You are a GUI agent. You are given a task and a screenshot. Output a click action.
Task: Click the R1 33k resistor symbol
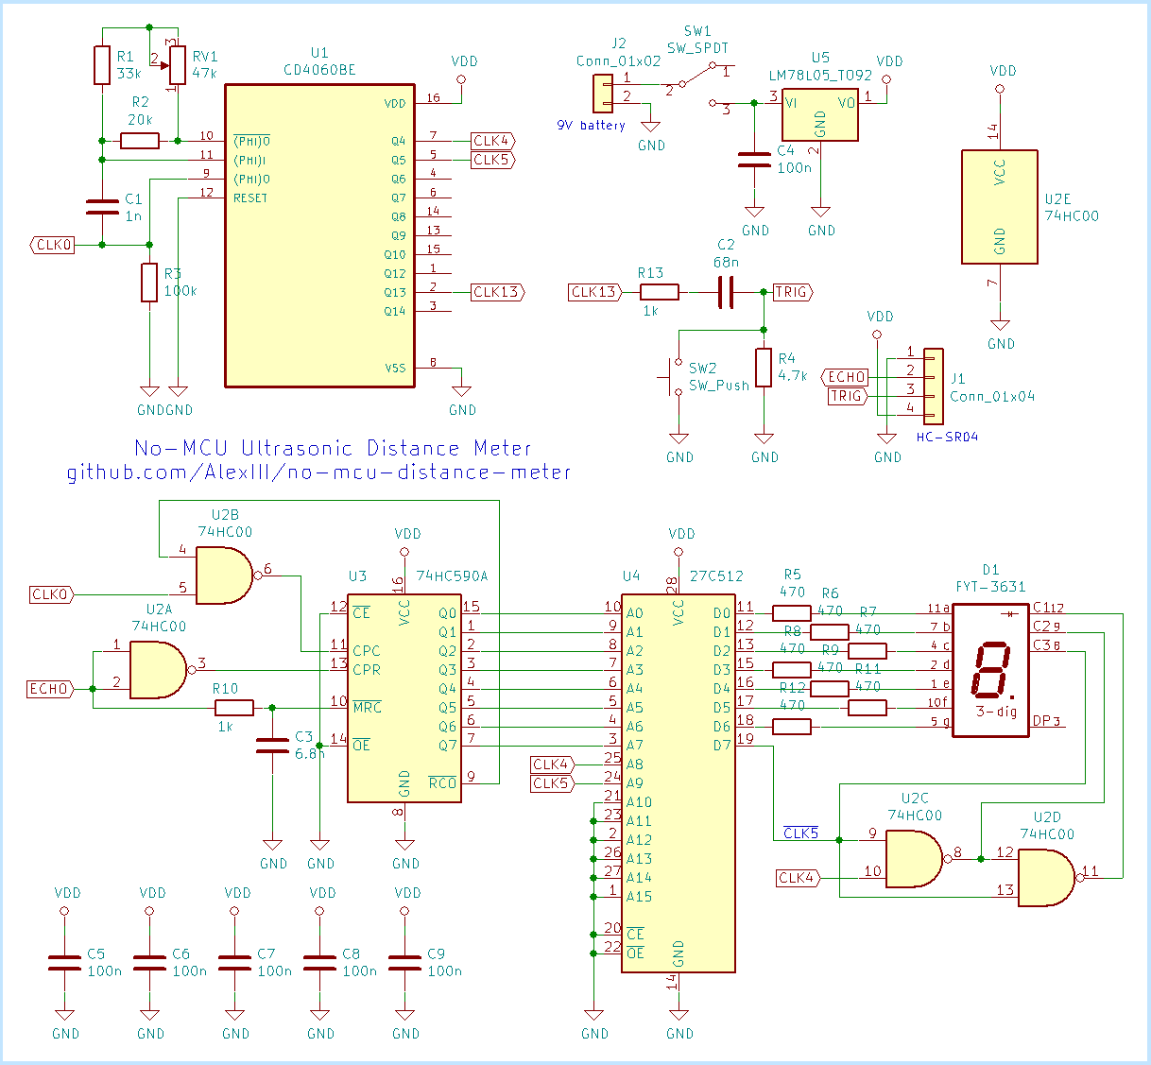click(102, 65)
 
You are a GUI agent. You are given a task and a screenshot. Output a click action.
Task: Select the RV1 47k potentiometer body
click(178, 65)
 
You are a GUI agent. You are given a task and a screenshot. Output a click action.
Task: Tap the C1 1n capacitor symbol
click(102, 207)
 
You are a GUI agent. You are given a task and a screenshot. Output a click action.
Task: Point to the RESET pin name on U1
click(250, 198)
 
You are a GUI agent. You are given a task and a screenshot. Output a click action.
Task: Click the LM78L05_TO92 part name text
click(820, 76)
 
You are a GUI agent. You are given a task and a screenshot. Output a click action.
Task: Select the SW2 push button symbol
click(672, 377)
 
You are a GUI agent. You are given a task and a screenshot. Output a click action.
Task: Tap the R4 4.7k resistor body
click(764, 368)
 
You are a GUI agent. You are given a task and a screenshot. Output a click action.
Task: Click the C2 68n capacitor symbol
click(725, 292)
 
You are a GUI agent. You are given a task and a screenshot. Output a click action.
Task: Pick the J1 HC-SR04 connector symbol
click(933, 386)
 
